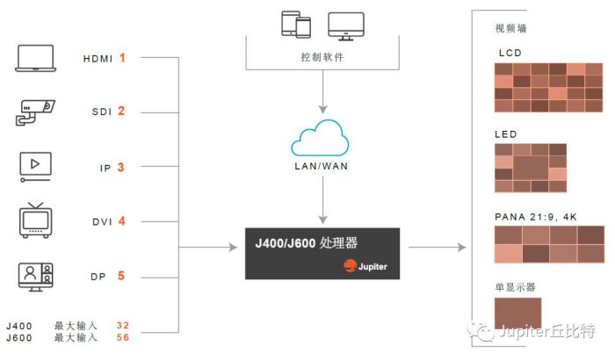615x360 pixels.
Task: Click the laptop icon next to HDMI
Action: (36, 58)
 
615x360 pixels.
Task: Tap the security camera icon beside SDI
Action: (36, 112)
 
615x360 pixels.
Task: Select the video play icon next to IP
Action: (36, 166)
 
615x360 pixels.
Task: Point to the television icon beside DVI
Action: (36, 220)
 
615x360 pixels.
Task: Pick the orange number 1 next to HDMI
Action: (123, 58)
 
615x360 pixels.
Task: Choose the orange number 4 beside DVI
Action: (122, 221)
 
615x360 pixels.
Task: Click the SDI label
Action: (102, 112)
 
